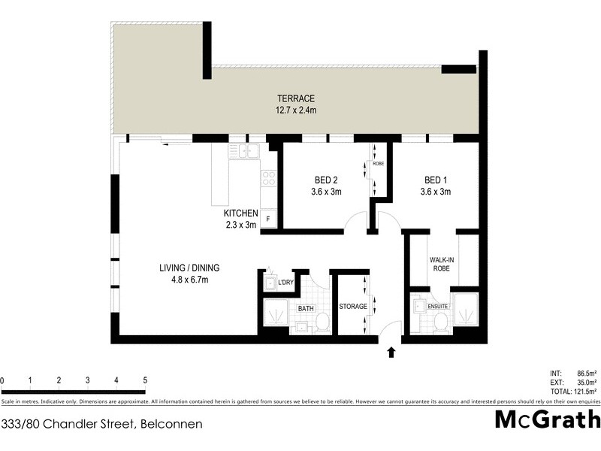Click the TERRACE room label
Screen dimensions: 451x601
click(x=295, y=99)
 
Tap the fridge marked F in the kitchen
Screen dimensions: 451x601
click(x=268, y=219)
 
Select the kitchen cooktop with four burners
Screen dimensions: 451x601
click(x=268, y=178)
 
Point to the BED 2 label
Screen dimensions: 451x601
click(x=327, y=180)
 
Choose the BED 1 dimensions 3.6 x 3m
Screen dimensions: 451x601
click(x=436, y=192)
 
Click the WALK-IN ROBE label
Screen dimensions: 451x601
click(x=441, y=265)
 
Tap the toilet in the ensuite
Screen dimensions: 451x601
click(x=441, y=322)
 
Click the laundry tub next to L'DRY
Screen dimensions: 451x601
click(x=270, y=283)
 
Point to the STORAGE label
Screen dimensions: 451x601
click(x=352, y=307)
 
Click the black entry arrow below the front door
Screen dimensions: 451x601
click(x=391, y=352)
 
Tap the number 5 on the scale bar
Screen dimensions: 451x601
click(x=144, y=380)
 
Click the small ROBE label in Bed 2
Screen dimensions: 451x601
click(x=378, y=163)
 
